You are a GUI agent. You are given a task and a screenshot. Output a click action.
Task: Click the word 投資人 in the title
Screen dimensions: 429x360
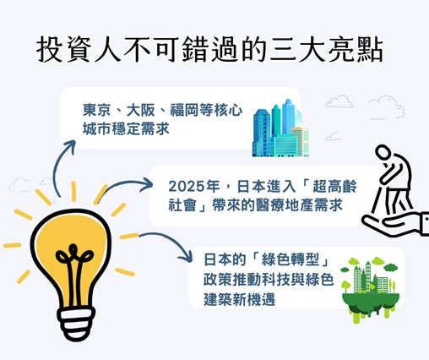pyautogui.click(x=79, y=50)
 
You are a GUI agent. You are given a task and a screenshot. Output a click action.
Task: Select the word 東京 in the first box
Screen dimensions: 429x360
pyautogui.click(x=96, y=110)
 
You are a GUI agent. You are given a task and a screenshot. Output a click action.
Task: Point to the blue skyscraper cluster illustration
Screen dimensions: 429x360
pyautogui.click(x=280, y=128)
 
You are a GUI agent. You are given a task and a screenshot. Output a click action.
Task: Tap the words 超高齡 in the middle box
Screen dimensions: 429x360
pyautogui.click(x=334, y=187)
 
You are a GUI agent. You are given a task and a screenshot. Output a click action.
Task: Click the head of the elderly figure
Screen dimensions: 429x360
pyautogui.click(x=383, y=152)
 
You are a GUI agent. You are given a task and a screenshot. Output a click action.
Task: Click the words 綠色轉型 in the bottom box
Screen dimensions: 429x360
pyautogui.click(x=291, y=259)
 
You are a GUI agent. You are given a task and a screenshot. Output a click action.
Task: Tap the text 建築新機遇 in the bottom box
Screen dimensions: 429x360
pyautogui.click(x=239, y=299)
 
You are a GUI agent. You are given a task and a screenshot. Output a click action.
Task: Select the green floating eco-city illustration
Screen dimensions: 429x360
pyautogui.click(x=370, y=290)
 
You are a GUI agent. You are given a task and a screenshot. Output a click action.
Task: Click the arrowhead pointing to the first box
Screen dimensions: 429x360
pyautogui.click(x=69, y=146)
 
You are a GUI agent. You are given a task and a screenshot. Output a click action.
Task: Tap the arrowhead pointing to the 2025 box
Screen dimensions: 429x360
pyautogui.click(x=147, y=185)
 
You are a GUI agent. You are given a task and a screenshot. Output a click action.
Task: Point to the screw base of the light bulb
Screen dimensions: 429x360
pyautogui.click(x=76, y=324)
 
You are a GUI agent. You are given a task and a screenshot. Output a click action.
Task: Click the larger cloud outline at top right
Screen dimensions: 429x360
pyautogui.click(x=387, y=107)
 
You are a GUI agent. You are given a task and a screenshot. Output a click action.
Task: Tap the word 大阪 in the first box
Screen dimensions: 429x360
pyautogui.click(x=140, y=110)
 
